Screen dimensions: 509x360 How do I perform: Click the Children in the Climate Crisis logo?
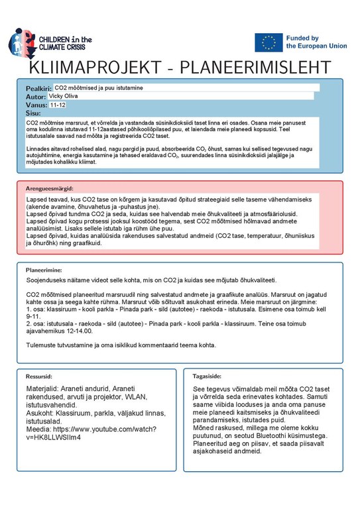[x=50, y=44]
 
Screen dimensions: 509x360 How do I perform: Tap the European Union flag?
[x=269, y=42]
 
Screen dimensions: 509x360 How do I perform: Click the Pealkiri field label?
[x=38, y=88]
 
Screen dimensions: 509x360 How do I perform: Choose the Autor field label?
[x=36, y=97]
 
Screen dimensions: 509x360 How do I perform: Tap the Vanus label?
[x=36, y=105]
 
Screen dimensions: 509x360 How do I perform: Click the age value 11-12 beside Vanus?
[x=58, y=105]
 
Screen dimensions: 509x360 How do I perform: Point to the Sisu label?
[x=33, y=113]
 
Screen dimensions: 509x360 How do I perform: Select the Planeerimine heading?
[x=44, y=270]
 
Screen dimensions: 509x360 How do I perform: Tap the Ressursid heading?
[x=39, y=375]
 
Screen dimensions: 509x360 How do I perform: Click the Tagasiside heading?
[x=207, y=375]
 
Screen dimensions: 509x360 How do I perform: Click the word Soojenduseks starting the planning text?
[x=48, y=281]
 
